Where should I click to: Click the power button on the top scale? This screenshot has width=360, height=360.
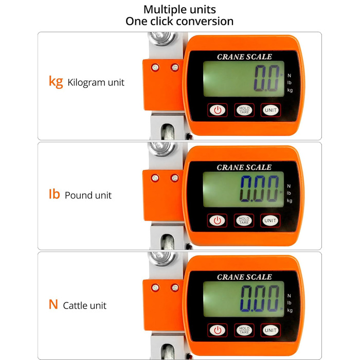point(218,110)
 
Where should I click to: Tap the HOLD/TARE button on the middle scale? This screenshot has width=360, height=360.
point(244,221)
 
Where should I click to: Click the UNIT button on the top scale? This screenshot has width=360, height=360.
point(271,110)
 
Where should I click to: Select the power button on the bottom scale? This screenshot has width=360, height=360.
point(218,330)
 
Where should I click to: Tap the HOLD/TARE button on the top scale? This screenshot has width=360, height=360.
point(244,110)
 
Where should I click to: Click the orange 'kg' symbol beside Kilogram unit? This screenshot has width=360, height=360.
point(56,82)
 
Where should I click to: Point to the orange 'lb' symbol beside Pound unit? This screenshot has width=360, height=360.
point(54,194)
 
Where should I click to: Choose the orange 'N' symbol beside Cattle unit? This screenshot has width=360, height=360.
point(53,304)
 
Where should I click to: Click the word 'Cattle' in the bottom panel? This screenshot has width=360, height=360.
point(75,305)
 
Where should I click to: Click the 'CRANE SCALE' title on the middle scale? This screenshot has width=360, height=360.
point(244,167)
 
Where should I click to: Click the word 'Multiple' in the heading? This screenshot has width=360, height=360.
point(164,10)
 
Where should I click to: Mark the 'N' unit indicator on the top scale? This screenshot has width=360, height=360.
point(289,76)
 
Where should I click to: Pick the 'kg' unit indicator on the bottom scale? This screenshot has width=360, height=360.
point(290,311)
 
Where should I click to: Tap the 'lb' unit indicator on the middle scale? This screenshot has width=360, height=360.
point(289,193)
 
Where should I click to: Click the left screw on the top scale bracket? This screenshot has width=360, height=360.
point(155,67)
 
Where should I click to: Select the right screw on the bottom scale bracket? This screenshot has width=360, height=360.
point(175,287)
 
